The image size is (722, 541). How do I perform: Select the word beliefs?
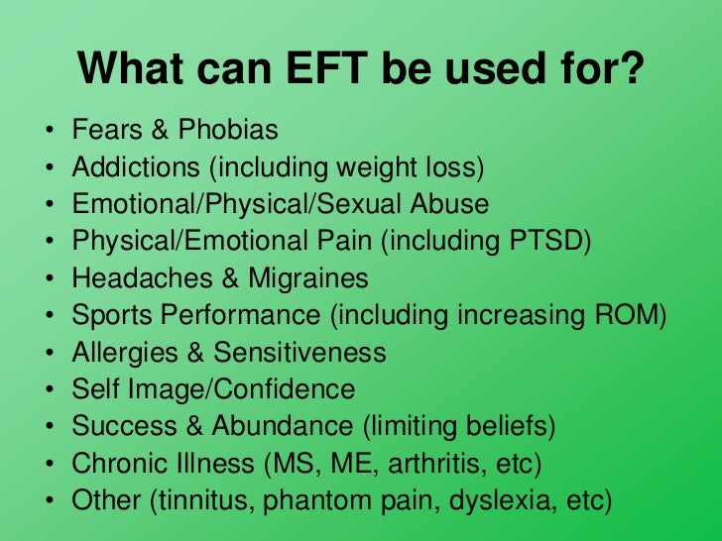509,427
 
